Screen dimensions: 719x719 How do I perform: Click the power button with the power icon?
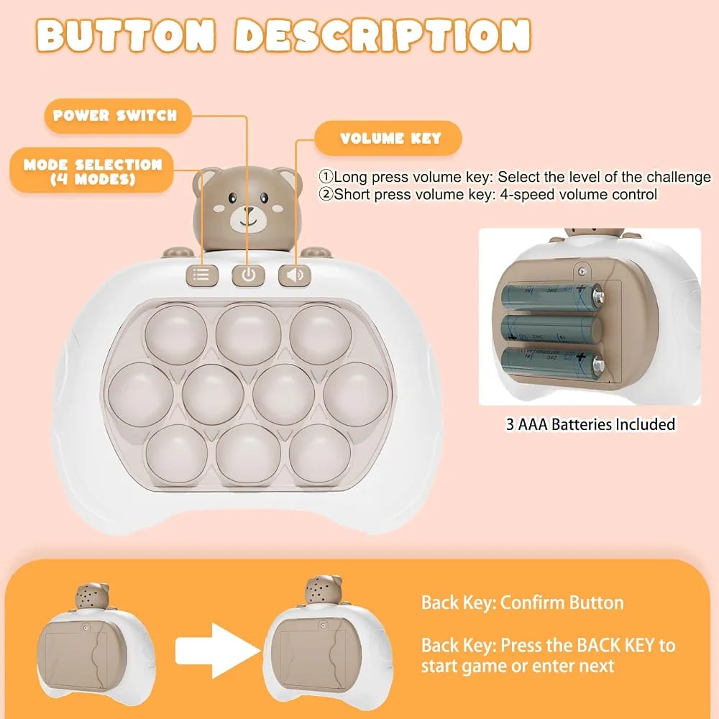(x=248, y=275)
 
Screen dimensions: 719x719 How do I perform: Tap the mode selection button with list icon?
(x=202, y=275)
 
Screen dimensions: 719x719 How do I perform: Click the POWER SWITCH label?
(x=115, y=116)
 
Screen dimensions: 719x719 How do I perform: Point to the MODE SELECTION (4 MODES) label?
(x=93, y=171)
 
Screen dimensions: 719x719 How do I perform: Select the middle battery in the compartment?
(x=551, y=328)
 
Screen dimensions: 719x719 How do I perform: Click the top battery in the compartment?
(x=552, y=296)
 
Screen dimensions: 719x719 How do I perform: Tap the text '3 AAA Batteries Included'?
(x=590, y=424)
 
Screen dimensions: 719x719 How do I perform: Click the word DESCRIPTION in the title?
(x=383, y=35)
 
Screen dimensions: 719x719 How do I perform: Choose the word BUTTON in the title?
(x=125, y=35)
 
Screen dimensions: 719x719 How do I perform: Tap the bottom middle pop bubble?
(x=248, y=454)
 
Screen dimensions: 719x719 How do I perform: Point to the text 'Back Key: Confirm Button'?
(x=523, y=603)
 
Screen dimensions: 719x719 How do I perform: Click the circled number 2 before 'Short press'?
(x=326, y=194)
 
